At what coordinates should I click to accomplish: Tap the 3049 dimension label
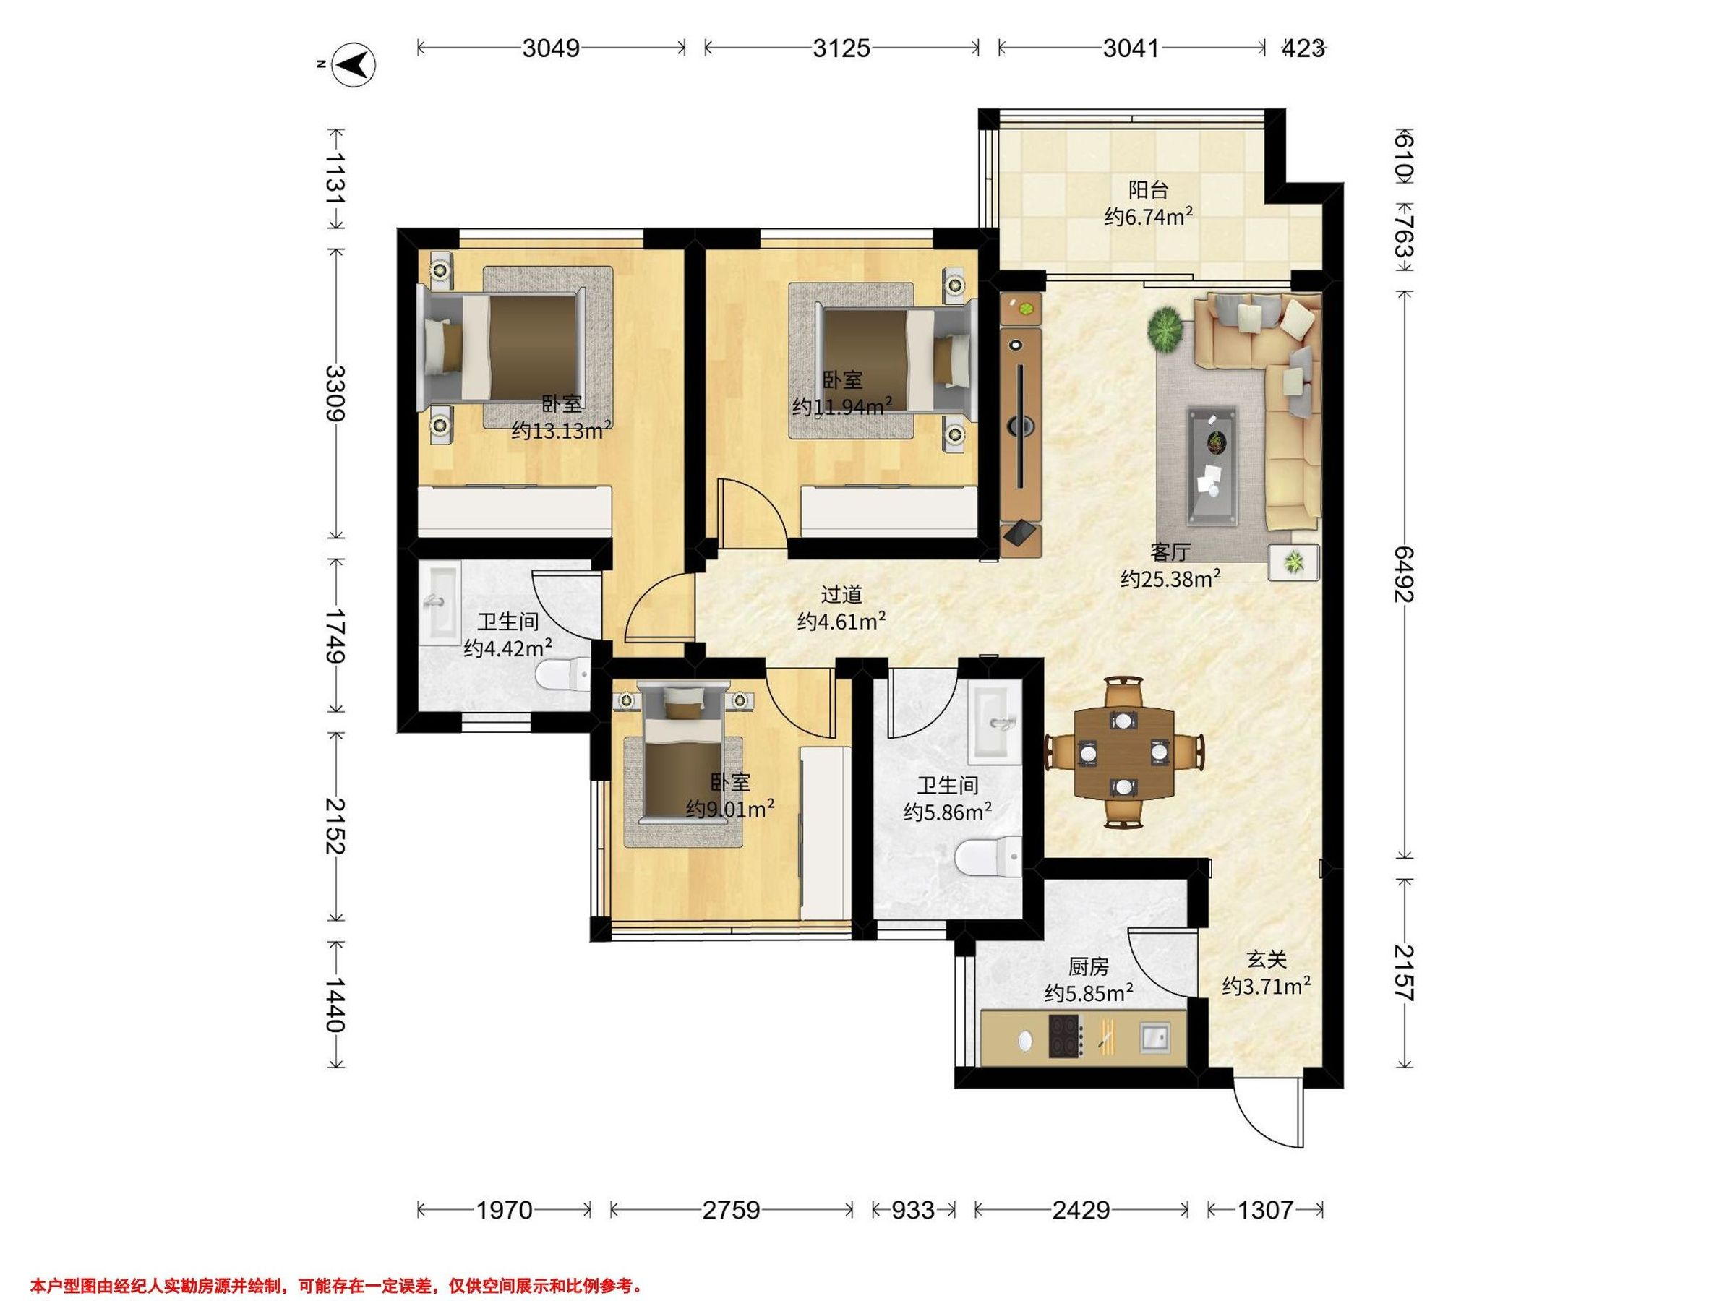551,48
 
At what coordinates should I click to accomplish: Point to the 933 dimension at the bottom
913,1210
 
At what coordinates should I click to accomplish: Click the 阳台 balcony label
1148,190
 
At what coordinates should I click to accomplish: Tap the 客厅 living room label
1170,552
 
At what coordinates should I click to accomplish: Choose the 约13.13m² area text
562,430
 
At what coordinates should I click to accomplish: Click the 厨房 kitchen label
1088,967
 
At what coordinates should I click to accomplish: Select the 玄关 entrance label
1267,959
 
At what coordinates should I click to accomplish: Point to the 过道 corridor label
841,594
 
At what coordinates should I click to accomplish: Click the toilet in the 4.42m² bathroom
562,674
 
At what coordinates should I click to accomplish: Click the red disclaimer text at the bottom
338,1286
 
